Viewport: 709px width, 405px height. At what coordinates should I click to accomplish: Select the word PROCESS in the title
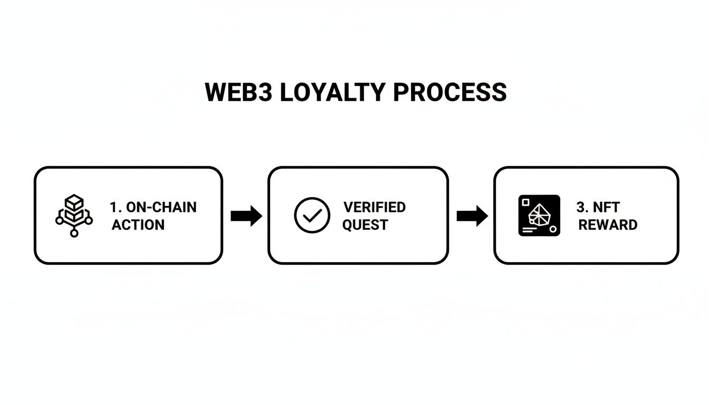click(450, 93)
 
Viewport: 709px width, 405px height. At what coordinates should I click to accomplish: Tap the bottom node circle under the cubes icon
click(74, 233)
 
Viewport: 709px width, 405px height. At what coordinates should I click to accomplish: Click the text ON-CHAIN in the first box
click(161, 207)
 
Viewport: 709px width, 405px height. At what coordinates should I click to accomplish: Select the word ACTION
click(138, 225)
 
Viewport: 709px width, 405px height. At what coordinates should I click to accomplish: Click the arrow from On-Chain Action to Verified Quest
click(246, 216)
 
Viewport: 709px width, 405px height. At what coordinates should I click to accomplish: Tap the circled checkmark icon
click(312, 215)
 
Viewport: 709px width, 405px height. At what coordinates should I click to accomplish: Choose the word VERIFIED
click(374, 207)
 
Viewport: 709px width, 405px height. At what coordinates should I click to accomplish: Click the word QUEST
click(365, 225)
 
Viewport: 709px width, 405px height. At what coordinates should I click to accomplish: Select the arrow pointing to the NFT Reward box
click(472, 216)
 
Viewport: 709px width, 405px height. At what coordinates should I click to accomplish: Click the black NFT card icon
click(539, 215)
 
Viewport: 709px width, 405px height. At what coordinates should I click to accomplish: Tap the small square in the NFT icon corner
click(525, 201)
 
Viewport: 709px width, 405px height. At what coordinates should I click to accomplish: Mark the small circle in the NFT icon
click(552, 229)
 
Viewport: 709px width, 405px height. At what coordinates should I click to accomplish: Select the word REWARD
click(608, 225)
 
